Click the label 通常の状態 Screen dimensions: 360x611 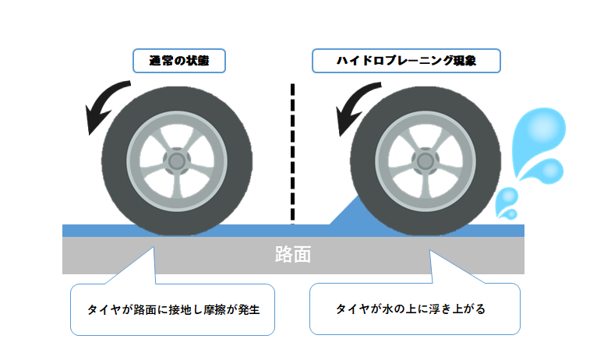pos(177,60)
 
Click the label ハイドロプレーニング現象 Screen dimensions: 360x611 pos(405,60)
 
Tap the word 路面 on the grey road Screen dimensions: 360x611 pos(294,255)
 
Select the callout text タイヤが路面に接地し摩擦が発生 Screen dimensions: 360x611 pos(172,309)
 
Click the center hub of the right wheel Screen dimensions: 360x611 pos(425,160)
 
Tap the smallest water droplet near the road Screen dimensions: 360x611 pos(510,213)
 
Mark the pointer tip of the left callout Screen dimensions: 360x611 pos(154,248)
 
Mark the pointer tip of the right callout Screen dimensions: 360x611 pos(429,251)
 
